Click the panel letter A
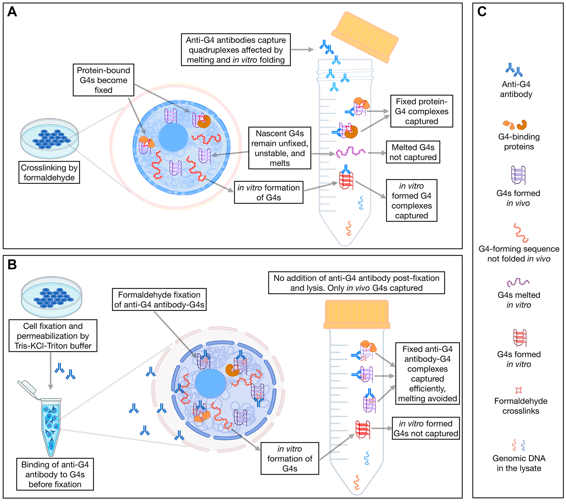coord(12,12)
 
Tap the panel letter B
coord(12,265)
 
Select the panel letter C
coord(482,12)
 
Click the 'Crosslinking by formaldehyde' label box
coord(49,173)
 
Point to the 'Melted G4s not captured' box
coord(413,152)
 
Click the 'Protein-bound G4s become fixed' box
coord(103,80)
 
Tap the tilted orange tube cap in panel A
coord(365,37)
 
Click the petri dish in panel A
coord(50,138)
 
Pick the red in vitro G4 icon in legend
coord(520,338)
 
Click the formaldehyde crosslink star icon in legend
coord(518,390)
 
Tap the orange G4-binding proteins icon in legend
coord(515,124)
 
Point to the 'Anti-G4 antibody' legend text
coord(516,89)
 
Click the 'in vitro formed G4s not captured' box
coord(426,428)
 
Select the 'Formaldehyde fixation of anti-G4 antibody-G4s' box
coord(159,300)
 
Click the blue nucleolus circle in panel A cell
coord(173,137)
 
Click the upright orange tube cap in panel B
coord(357,314)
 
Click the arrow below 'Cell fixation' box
coord(50,371)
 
